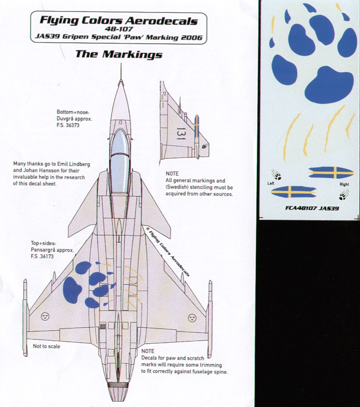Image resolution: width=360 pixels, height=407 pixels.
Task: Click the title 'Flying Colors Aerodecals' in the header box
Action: pos(119,21)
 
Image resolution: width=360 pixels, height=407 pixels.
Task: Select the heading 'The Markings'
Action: pos(119,54)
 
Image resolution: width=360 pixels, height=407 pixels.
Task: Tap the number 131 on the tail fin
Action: pos(180,133)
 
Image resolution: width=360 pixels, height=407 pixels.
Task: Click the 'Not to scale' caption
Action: pos(47,346)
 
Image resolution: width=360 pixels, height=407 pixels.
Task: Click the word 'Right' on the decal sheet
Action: pos(344,184)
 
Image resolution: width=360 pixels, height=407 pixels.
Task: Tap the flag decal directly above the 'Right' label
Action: pos(331,172)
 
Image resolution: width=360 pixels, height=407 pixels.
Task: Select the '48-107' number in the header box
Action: pos(119,29)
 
